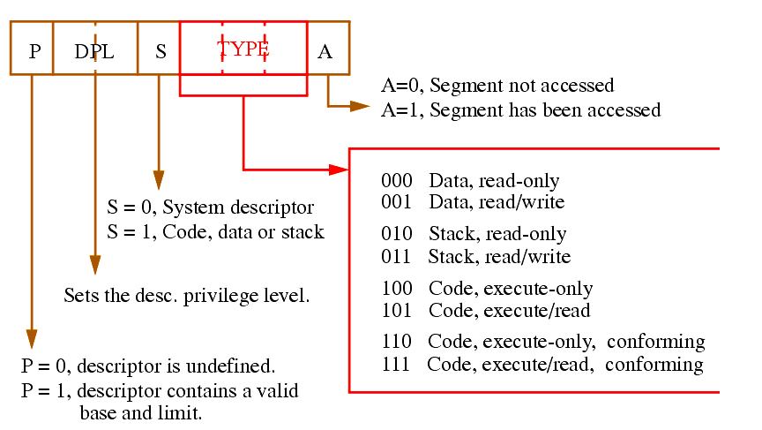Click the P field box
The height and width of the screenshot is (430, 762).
(x=32, y=48)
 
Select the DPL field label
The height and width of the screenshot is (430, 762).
(x=94, y=51)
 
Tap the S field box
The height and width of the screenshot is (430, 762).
(x=159, y=48)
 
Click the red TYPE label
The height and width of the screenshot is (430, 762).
(x=243, y=49)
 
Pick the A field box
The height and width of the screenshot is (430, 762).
(x=328, y=48)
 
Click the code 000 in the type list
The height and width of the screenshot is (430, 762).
(x=397, y=180)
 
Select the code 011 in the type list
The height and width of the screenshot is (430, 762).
(x=396, y=256)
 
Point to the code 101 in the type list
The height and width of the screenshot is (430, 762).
(x=397, y=310)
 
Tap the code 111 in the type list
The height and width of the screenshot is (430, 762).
(x=396, y=365)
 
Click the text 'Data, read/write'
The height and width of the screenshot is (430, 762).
(x=497, y=202)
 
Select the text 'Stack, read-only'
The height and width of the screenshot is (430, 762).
(x=497, y=234)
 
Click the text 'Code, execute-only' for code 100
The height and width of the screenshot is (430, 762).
(x=511, y=289)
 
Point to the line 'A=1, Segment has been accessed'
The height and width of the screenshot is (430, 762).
(x=521, y=110)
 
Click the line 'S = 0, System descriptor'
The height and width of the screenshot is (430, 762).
(x=211, y=207)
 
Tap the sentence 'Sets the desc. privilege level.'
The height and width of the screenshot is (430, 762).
(x=187, y=296)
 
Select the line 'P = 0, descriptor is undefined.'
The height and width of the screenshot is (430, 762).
(x=148, y=366)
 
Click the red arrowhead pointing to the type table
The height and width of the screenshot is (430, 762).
(x=339, y=170)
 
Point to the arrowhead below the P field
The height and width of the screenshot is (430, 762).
(x=32, y=339)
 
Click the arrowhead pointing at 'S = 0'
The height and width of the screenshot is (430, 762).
(x=159, y=180)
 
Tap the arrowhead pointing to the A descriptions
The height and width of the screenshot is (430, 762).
(x=360, y=106)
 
